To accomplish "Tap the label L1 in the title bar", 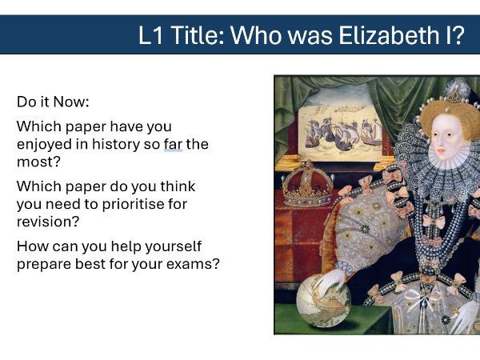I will pos(154,35).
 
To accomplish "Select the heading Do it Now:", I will pos(53,103).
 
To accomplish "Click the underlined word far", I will pos(173,144).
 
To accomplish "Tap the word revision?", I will pos(48,221).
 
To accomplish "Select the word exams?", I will pos(193,262).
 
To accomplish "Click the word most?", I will pos(34,162).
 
